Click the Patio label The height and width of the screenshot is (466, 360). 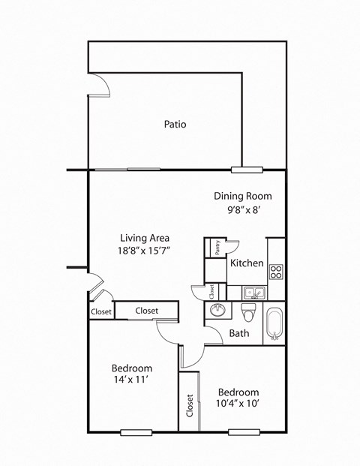[175, 125]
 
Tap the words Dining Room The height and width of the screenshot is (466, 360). [238, 196]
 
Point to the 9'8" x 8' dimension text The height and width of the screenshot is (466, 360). [238, 211]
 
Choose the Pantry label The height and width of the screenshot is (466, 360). [216, 248]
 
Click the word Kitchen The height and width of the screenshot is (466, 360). [246, 263]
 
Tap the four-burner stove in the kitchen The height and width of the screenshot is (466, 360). [275, 272]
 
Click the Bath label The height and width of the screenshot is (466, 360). [239, 333]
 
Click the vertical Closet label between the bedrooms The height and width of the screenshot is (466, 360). [190, 406]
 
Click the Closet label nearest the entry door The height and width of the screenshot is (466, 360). [101, 311]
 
